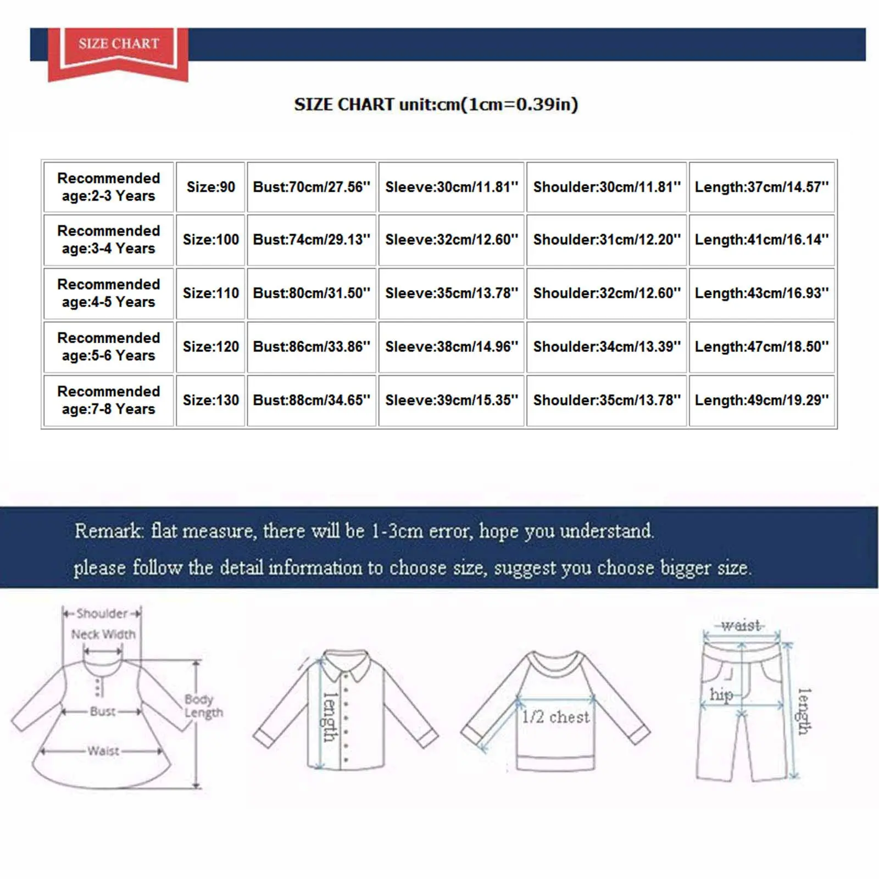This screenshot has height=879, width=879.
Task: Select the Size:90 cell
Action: [210, 187]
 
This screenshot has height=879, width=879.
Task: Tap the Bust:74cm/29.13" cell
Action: [311, 240]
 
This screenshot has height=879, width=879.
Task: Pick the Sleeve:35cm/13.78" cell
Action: [451, 293]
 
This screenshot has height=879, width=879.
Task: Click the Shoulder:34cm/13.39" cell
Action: [607, 347]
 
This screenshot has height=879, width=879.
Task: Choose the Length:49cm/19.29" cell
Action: [761, 400]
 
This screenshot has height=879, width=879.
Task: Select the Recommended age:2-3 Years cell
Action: [108, 187]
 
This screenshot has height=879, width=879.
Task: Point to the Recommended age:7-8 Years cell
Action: [108, 400]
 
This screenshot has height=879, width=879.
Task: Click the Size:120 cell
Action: [210, 347]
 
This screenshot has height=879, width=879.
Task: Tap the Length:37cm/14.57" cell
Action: [761, 187]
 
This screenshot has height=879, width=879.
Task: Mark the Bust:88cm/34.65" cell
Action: [311, 400]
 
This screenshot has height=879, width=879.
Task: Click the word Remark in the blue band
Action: [108, 531]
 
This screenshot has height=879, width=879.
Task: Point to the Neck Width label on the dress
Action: [103, 635]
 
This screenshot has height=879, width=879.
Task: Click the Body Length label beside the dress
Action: [203, 706]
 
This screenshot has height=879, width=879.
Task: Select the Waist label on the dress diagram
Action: [103, 751]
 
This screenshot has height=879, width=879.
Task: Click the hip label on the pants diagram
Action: [721, 695]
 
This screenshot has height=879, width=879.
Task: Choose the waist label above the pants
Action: [741, 625]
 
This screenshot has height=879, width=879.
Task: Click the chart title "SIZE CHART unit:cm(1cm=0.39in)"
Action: [436, 104]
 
